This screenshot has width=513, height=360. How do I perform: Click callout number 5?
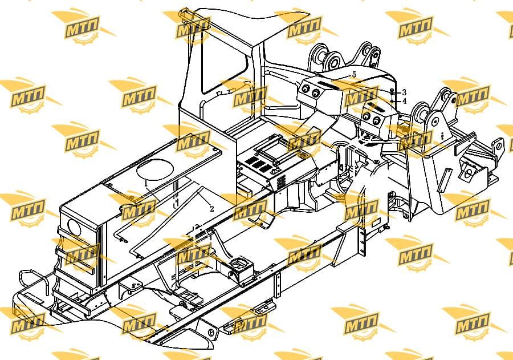tap(353, 75)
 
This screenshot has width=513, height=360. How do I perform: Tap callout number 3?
tap(404, 92)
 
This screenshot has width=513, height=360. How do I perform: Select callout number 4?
tap(405, 101)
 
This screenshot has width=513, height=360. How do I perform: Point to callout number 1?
tap(146, 184)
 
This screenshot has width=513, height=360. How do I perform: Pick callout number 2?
tap(211, 209)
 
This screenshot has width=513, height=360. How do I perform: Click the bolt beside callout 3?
tap(392, 92)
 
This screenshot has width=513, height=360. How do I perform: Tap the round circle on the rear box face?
tap(75, 227)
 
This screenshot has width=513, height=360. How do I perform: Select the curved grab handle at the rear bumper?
tap(32, 281)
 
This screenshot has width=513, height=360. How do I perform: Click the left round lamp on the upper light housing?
tap(306, 89)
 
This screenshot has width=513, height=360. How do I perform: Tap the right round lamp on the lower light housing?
tap(377, 121)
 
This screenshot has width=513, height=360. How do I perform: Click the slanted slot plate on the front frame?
tap(445, 180)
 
